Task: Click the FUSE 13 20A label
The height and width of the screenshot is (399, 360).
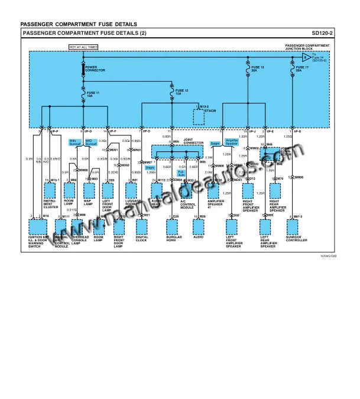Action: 258,69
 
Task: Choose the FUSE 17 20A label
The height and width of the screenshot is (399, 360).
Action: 302,69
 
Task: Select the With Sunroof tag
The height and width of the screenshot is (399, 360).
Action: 75,142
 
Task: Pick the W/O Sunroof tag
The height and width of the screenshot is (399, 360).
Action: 91,142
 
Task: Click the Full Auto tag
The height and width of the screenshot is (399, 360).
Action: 181,174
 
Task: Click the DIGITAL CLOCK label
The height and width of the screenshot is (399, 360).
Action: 142,239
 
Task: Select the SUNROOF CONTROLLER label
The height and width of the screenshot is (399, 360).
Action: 296,239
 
